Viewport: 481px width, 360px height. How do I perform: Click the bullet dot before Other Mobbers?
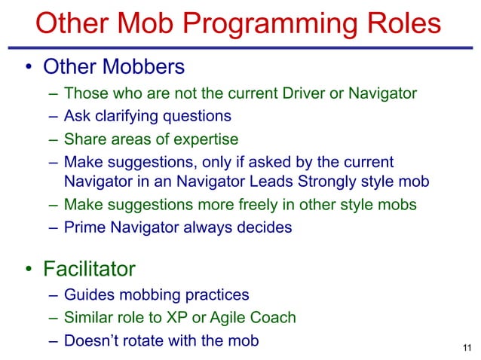(x=26, y=69)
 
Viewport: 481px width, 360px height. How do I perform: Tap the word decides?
(x=265, y=227)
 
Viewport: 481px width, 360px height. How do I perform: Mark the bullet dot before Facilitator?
(x=26, y=270)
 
